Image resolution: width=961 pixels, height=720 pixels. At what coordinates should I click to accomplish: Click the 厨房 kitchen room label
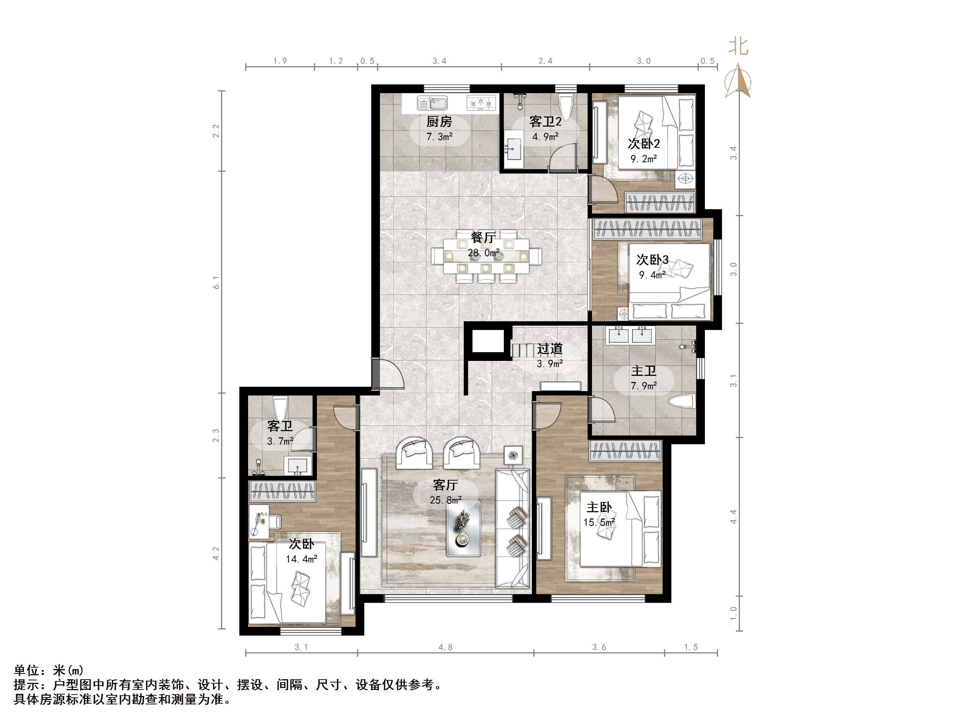(439, 122)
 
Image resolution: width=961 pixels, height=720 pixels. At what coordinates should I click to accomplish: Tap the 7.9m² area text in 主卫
(643, 385)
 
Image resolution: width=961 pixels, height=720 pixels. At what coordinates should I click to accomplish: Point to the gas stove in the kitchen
(481, 103)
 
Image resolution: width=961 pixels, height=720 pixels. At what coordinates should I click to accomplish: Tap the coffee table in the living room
(463, 528)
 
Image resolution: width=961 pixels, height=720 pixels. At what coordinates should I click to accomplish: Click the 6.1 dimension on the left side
(216, 282)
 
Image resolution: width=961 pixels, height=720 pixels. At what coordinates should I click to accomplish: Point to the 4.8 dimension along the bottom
(445, 647)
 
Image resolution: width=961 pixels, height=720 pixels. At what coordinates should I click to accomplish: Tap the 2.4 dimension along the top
(545, 61)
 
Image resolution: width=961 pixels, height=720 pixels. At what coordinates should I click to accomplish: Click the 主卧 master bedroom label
(599, 507)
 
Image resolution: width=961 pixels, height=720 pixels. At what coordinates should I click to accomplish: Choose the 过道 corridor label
(550, 349)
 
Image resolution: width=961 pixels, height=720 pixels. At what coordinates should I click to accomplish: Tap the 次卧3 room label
(652, 260)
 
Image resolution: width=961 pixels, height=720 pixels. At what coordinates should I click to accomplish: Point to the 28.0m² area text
(483, 252)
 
